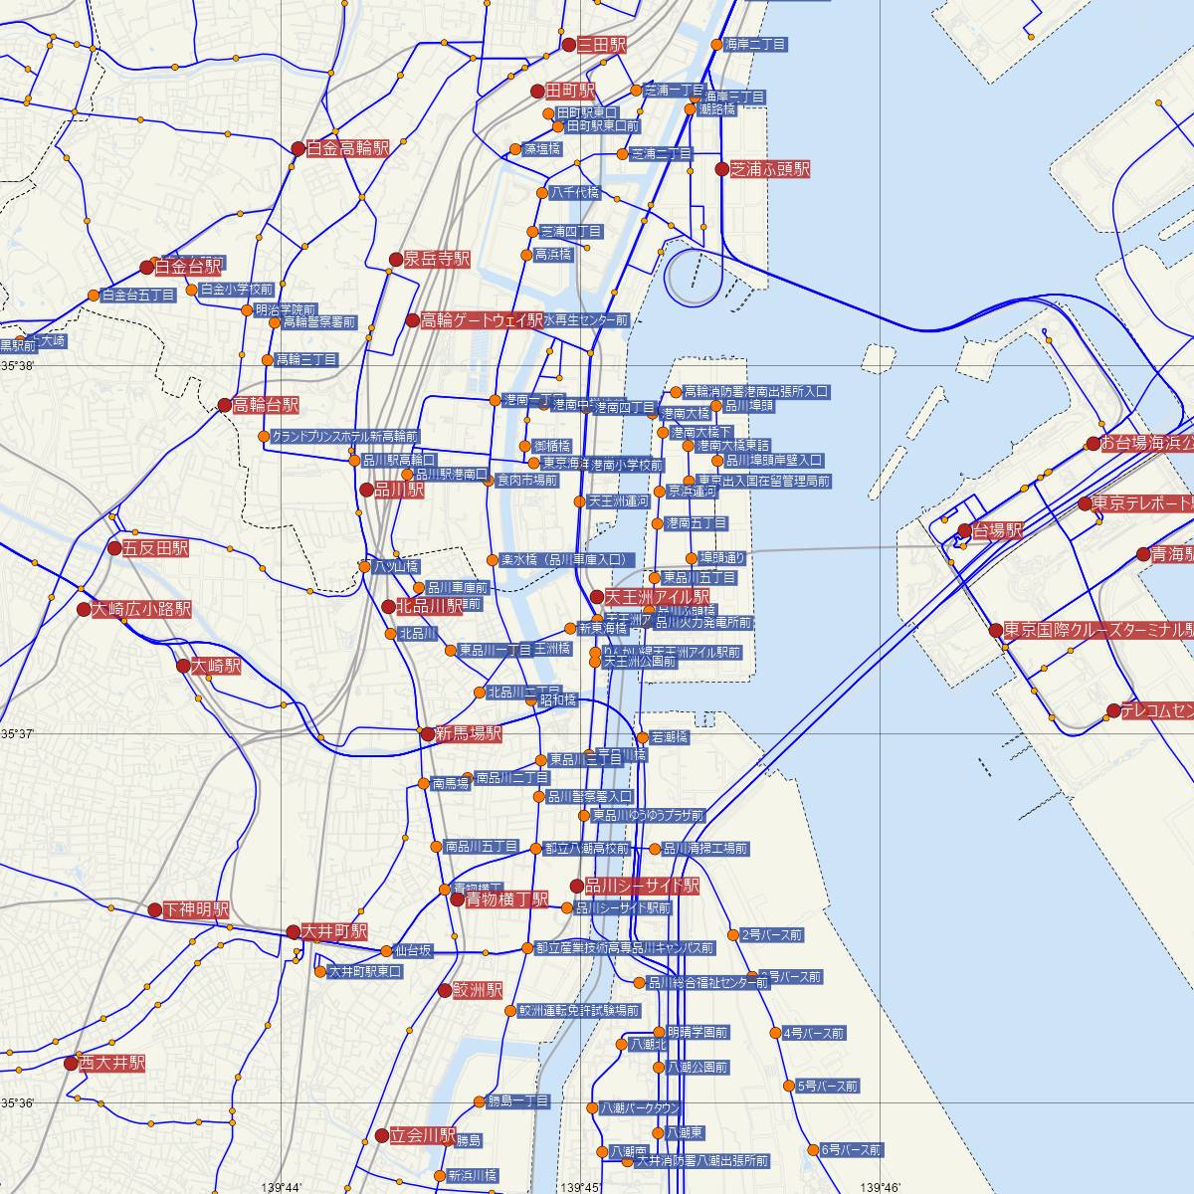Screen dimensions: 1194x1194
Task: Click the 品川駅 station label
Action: tap(398, 490)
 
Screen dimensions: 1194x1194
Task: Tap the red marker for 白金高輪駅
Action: tap(298, 149)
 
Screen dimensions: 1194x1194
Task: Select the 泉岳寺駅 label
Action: tap(436, 259)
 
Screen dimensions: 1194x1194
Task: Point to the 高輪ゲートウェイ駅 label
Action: tap(482, 320)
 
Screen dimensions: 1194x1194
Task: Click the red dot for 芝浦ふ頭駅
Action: tap(722, 169)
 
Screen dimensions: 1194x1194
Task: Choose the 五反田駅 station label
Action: tap(154, 548)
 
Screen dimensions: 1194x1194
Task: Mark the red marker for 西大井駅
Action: tap(71, 1064)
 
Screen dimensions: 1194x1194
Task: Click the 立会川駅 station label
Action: tap(422, 1135)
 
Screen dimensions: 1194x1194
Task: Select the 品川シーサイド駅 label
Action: tap(642, 886)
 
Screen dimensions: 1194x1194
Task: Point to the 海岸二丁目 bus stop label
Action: tap(755, 45)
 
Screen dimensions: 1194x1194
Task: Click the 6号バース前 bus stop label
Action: tap(851, 1150)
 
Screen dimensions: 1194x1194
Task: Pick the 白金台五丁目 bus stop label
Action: tap(138, 296)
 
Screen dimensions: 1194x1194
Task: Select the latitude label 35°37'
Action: tap(18, 733)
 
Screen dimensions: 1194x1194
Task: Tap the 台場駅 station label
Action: tap(997, 531)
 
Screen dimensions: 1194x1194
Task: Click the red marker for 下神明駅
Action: tap(155, 910)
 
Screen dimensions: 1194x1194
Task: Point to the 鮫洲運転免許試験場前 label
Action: tap(578, 1011)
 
